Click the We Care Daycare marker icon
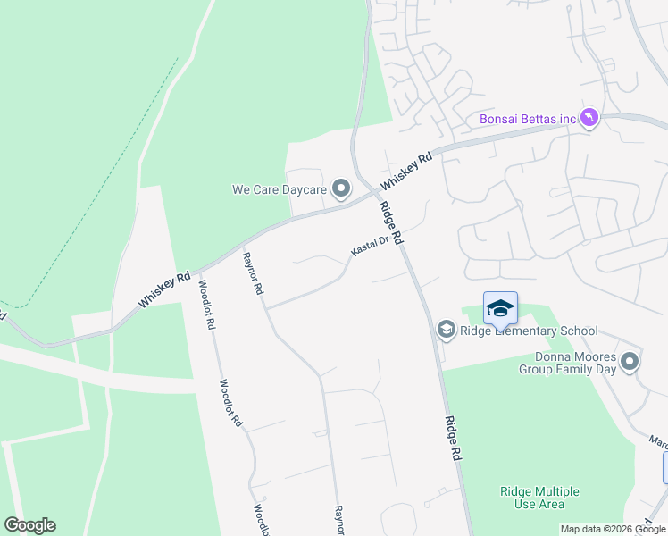(340, 188)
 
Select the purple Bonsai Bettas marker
(589, 119)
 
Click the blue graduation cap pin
(500, 309)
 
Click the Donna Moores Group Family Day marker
(630, 362)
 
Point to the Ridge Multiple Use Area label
(539, 498)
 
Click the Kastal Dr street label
(370, 247)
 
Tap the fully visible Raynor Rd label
(253, 274)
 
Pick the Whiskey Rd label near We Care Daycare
(406, 171)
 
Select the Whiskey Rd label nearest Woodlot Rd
(165, 290)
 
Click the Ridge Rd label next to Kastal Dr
(392, 224)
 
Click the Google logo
(29, 525)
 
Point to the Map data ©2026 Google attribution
(612, 529)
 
